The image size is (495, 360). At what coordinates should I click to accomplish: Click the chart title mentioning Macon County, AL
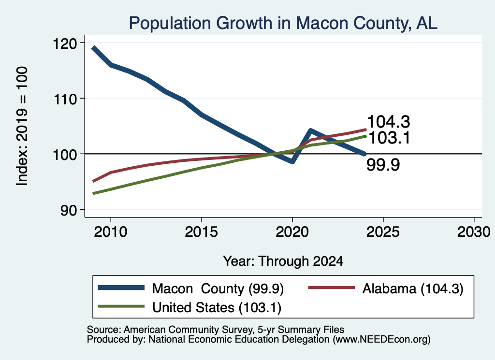tap(283, 23)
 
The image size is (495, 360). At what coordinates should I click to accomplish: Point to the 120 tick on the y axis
tap(65, 43)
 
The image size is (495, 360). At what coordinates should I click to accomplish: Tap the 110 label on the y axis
tap(65, 100)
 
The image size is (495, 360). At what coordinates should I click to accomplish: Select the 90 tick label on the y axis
tap(69, 211)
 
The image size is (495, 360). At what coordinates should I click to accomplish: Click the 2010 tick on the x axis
tap(111, 232)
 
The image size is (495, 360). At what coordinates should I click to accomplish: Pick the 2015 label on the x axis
tap(202, 232)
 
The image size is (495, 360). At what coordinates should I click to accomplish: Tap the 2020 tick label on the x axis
tap(292, 232)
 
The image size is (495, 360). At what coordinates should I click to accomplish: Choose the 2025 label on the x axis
tap(383, 232)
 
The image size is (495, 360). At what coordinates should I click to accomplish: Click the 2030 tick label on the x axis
tap(474, 232)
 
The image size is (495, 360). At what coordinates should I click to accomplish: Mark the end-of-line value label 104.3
tap(389, 122)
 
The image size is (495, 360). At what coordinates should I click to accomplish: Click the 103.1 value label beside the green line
tap(389, 138)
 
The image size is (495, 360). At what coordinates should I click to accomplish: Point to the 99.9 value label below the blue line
tap(383, 165)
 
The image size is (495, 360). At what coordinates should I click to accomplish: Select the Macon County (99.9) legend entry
tap(190, 288)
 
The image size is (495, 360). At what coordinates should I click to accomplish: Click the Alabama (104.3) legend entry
tap(385, 288)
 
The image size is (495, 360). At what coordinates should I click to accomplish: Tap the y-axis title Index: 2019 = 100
tap(22, 126)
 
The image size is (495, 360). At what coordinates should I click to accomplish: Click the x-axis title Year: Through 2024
tap(283, 261)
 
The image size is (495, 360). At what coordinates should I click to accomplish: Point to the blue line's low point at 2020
tap(292, 161)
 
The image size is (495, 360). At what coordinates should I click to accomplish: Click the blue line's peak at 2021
tap(311, 130)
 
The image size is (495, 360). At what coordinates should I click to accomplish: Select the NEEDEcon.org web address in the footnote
tap(381, 340)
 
